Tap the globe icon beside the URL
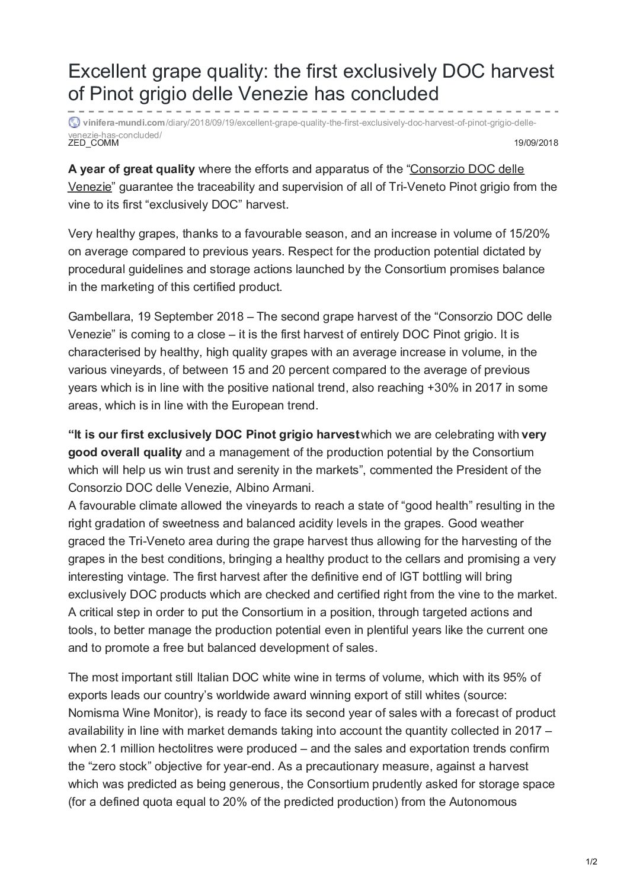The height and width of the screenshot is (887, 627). (74, 123)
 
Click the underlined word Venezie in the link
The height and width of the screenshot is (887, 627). (89, 187)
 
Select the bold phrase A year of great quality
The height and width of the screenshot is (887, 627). (132, 169)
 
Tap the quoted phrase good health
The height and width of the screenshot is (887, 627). (422, 505)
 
